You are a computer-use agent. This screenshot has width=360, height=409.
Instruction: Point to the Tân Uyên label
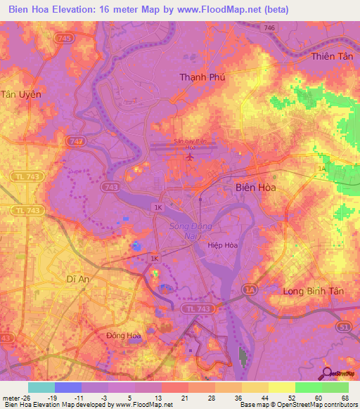tap(21, 93)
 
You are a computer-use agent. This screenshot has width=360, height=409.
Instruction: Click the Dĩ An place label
tap(58, 278)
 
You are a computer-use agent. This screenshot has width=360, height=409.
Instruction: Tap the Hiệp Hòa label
tap(222, 246)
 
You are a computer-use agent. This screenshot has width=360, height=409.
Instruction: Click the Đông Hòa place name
tap(124, 336)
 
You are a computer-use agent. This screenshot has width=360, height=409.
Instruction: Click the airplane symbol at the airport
tap(189, 156)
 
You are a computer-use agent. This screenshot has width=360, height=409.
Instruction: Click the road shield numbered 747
tap(77, 141)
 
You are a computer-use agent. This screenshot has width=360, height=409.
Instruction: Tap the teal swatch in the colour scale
tap(41, 387)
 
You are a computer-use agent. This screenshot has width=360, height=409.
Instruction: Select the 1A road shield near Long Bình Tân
tap(250, 289)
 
